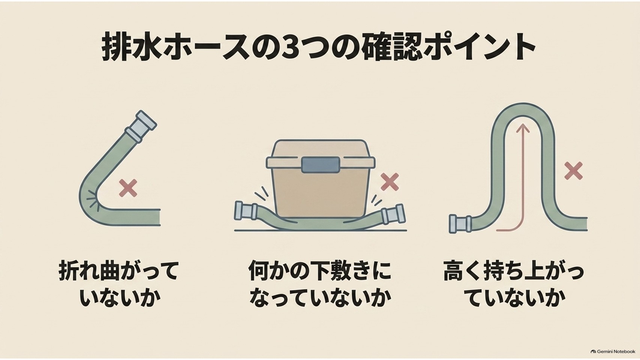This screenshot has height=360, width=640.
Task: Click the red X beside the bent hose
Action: point(128,188)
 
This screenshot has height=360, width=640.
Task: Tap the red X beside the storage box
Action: point(390,182)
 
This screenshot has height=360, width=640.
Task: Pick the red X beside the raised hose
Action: point(573,171)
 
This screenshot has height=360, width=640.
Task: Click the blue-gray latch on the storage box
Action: point(320,165)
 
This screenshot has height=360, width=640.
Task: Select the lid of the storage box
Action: point(320,154)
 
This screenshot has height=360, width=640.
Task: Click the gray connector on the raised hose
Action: point(460,224)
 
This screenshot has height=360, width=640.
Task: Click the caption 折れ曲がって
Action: point(118,270)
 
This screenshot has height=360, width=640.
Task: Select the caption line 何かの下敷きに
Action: point(320,270)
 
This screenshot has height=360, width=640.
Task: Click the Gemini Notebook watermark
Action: point(613,351)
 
